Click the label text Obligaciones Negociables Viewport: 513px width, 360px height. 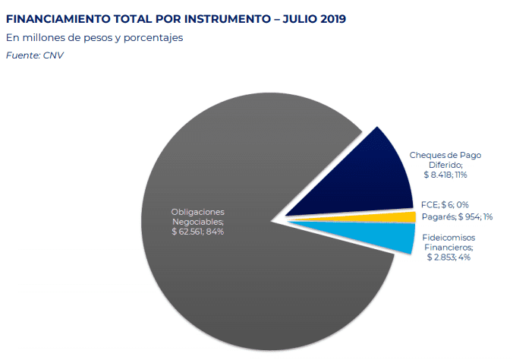pos(197,216)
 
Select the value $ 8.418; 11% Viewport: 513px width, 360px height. pos(445,175)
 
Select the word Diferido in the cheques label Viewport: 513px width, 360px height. pos(445,165)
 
